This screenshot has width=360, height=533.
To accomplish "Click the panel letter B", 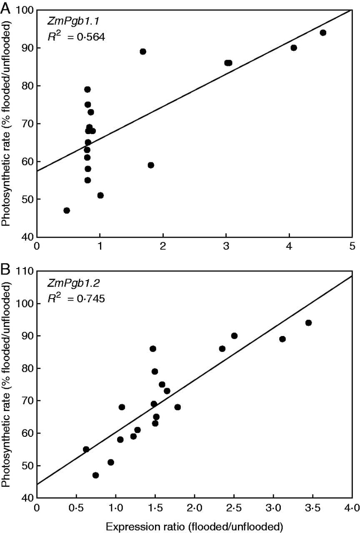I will pyautogui.click(x=5, y=272).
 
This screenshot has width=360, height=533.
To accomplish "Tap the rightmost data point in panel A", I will pyautogui.click(x=322, y=32).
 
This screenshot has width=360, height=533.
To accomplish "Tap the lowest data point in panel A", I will pyautogui.click(x=67, y=210).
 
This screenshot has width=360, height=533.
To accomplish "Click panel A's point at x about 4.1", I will pyautogui.click(x=294, y=48).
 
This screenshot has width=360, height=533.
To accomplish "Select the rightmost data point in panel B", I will pyautogui.click(x=308, y=323).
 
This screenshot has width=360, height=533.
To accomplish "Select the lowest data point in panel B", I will pyautogui.click(x=95, y=475).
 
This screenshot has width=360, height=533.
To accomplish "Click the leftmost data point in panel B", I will pyautogui.click(x=86, y=449).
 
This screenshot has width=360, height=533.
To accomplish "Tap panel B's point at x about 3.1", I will pyautogui.click(x=282, y=339).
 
